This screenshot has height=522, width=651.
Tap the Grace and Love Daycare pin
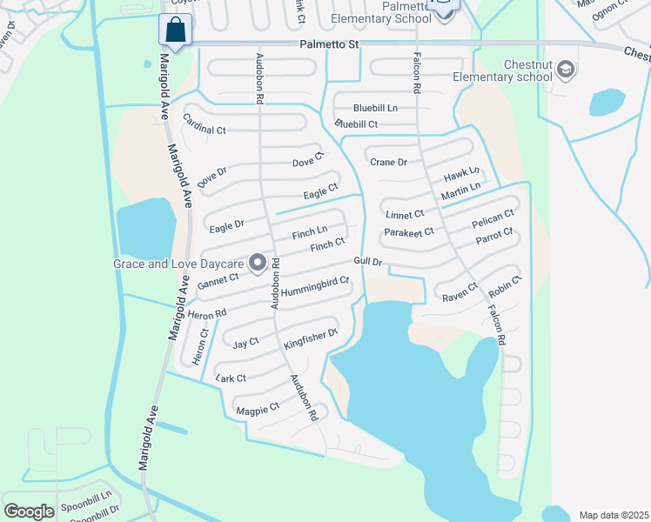[258, 262]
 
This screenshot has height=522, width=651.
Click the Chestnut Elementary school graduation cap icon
[565, 70]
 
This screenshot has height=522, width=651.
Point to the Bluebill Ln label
[375, 108]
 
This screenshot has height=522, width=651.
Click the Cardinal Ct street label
[205, 130]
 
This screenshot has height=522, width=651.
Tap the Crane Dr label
[388, 162]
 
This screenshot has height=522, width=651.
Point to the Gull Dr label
[368, 261]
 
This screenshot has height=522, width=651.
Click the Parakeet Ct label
[408, 232]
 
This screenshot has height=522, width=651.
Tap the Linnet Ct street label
[405, 214]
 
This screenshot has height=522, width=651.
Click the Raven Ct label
[460, 292]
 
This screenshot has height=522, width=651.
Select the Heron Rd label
[206, 311]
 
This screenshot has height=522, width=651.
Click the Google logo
[29, 512]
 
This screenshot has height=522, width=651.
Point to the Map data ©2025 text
[613, 515]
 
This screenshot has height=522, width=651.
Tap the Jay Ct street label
[245, 344]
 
